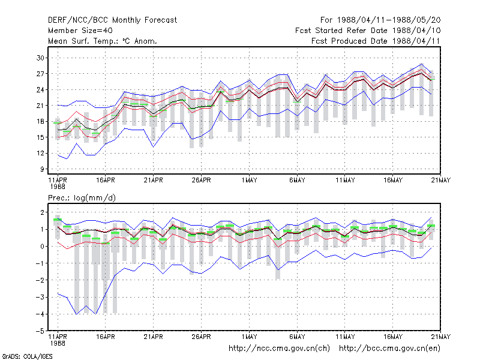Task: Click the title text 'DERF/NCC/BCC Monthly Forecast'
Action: [x=112, y=20]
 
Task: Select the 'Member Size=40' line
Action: [x=80, y=31]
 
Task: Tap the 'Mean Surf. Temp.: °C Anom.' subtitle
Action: [x=102, y=41]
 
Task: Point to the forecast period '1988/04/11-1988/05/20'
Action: [x=389, y=20]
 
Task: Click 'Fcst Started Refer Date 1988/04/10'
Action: [x=368, y=31]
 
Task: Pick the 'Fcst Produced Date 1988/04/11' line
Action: [x=376, y=41]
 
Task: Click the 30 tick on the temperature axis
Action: [x=40, y=58]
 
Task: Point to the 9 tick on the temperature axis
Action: [x=42, y=169]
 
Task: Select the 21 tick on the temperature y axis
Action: [x=40, y=106]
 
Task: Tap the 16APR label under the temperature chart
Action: [x=106, y=181]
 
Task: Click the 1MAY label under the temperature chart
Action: [x=249, y=181]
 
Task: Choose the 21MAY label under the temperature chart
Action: [x=441, y=181]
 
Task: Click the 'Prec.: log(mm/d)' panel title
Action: [x=82, y=198]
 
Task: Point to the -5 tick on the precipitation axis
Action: [x=40, y=331]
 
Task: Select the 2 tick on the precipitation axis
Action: [x=42, y=212]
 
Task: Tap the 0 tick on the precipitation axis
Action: [x=42, y=247]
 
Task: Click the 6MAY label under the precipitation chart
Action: [x=297, y=337]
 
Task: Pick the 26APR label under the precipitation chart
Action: [x=202, y=337]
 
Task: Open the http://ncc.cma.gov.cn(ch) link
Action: [x=279, y=349]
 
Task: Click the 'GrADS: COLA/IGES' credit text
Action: [x=27, y=356]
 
